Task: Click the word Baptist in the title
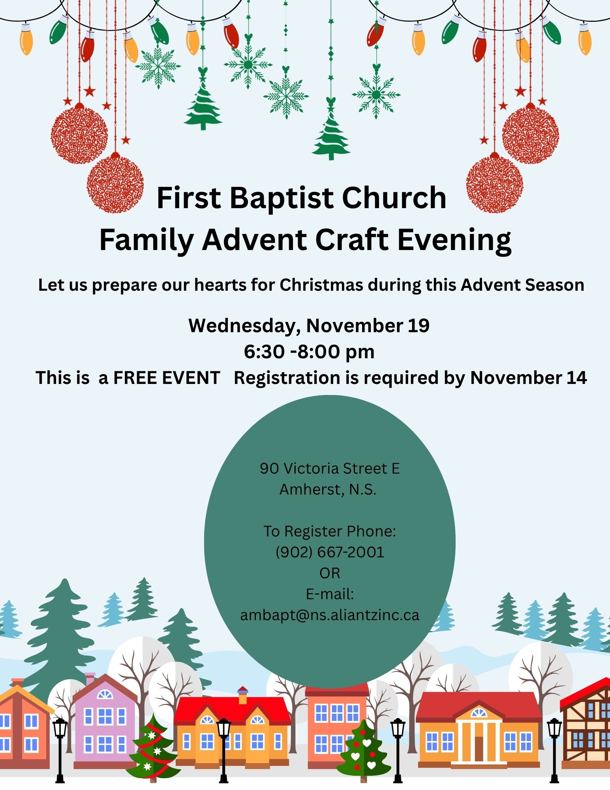tap(282, 198)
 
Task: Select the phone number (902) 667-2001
tap(330, 552)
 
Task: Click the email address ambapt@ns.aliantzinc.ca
tap(330, 615)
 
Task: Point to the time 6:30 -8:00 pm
tap(309, 352)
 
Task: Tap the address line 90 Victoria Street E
tap(330, 468)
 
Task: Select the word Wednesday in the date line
tap(242, 326)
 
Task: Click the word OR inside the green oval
tap(330, 573)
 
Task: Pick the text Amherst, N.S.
tap(328, 490)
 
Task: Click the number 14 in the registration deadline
tap(576, 378)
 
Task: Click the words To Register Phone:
tap(330, 531)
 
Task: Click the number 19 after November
tap(419, 326)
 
